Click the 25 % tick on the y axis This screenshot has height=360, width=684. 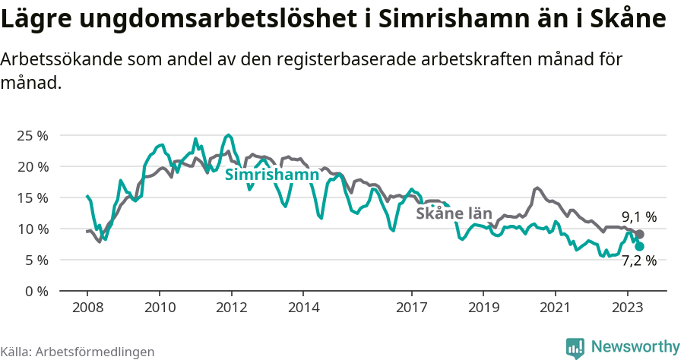32,135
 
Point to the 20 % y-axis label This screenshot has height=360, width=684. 32,166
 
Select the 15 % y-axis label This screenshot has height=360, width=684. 32,197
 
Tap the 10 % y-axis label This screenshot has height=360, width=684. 32,229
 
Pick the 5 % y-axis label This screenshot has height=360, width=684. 36,260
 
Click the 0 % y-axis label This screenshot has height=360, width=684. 36,291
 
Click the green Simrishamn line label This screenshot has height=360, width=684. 271,175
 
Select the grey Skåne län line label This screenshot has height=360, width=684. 454,214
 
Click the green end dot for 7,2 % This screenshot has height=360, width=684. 639,246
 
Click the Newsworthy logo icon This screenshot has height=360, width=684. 575,347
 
